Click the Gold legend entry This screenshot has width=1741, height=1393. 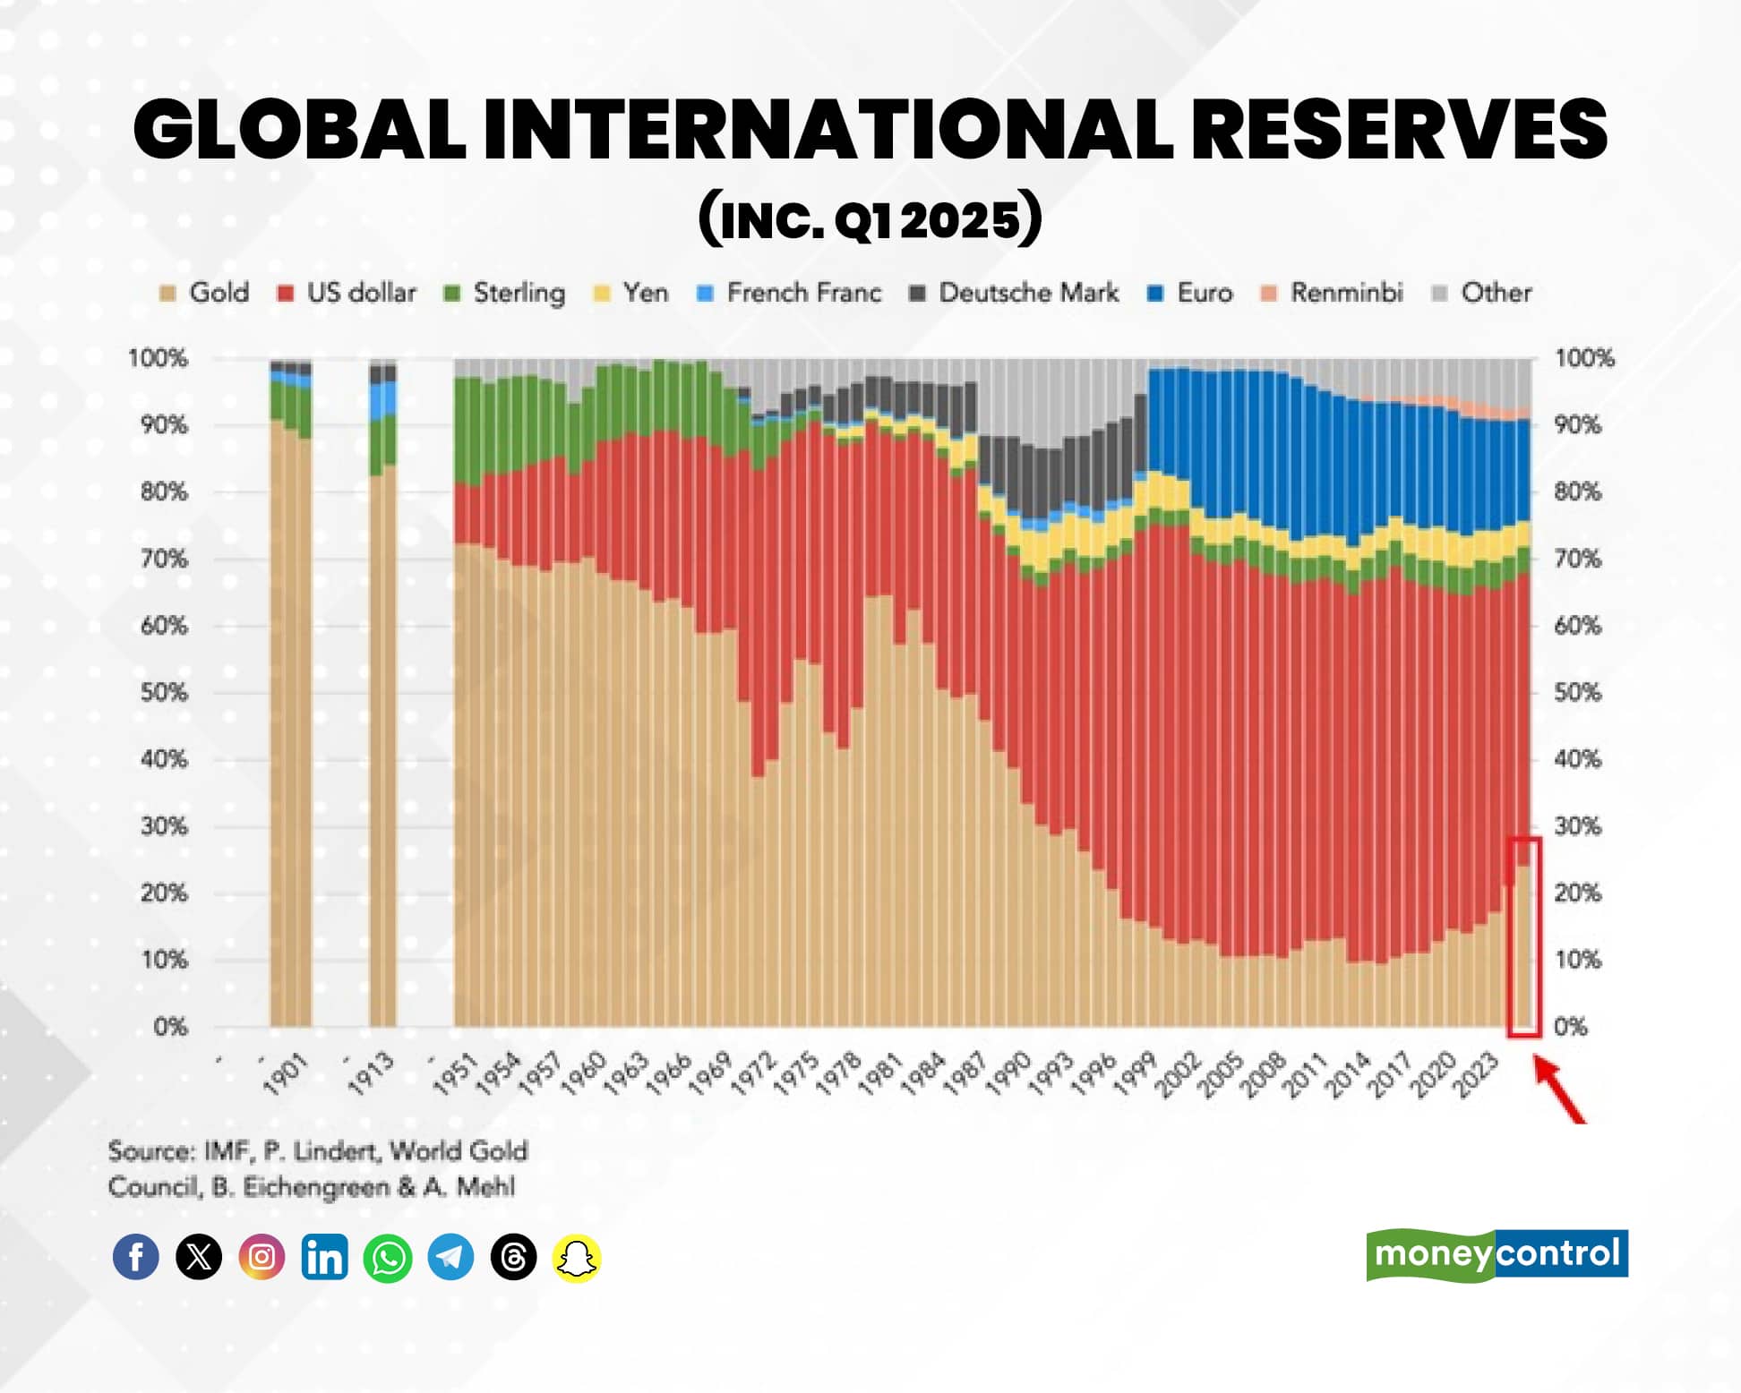pyautogui.click(x=205, y=293)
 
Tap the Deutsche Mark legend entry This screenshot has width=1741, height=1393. pyautogui.click(x=1015, y=293)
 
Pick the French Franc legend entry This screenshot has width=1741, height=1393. pyautogui.click(x=790, y=293)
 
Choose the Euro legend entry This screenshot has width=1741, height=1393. pyautogui.click(x=1190, y=293)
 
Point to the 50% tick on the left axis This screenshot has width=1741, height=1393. pyautogui.click(x=164, y=692)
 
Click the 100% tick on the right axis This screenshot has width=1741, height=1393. pyautogui.click(x=1584, y=358)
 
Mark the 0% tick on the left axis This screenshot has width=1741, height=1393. pyautogui.click(x=170, y=1026)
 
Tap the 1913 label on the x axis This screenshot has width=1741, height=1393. pyautogui.click(x=371, y=1074)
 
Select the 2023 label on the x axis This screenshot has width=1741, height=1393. pyautogui.click(x=1475, y=1074)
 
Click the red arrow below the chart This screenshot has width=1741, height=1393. pyautogui.click(x=1559, y=1089)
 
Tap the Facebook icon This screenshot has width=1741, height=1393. pyautogui.click(x=136, y=1257)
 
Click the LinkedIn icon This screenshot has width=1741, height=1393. pyautogui.click(x=324, y=1257)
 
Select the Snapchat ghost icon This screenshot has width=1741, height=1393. pyautogui.click(x=577, y=1258)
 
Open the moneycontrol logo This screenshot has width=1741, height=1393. pyautogui.click(x=1497, y=1254)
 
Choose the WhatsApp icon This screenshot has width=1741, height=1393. pyautogui.click(x=388, y=1257)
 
